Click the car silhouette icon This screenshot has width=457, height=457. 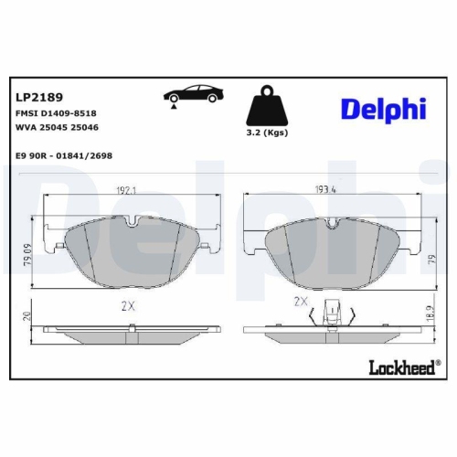(x=193, y=94)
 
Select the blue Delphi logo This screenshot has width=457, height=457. (x=383, y=110)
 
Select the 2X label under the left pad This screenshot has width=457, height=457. (x=127, y=306)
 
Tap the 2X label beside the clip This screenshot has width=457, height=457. (x=300, y=301)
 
